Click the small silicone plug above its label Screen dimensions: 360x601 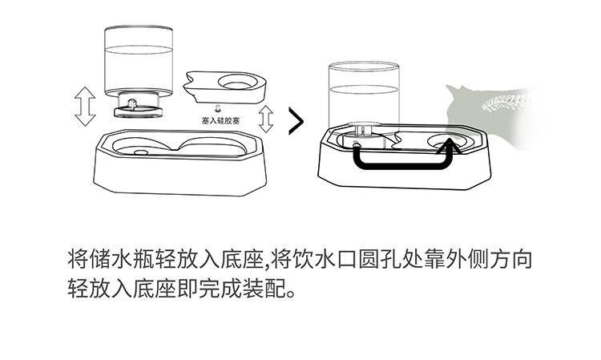[x=217, y=107]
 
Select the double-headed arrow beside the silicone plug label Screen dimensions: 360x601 [x=266, y=118]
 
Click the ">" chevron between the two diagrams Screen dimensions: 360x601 [x=296, y=121]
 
